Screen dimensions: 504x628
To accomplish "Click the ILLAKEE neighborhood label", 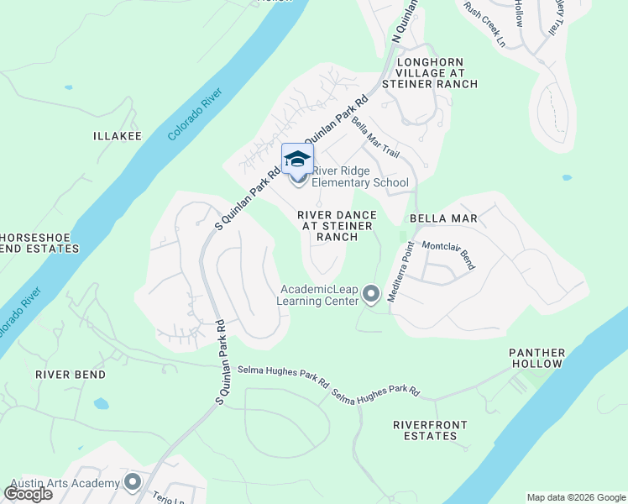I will point(118,135).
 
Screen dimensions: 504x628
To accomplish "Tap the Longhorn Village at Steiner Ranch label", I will point(430,73).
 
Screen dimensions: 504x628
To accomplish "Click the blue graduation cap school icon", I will point(298,158).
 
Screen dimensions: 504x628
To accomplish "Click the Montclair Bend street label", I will point(448,255).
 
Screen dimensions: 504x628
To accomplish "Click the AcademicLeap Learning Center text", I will point(318,295).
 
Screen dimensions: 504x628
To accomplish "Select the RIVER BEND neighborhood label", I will point(71,375).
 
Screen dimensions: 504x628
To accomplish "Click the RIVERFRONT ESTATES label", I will point(426,430).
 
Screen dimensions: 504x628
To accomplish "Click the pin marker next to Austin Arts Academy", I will point(132,482).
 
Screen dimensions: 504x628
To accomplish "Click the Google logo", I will point(28,494).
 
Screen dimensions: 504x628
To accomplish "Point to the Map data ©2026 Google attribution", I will point(575,497).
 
